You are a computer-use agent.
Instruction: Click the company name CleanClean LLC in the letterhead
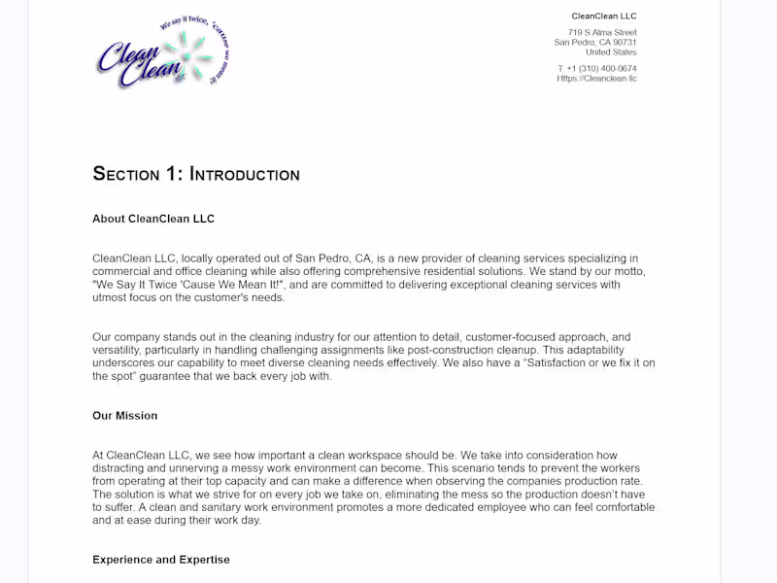coord(603,16)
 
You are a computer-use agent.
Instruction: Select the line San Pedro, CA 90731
coord(595,43)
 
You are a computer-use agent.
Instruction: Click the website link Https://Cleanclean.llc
coord(596,79)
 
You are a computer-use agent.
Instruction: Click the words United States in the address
coord(611,52)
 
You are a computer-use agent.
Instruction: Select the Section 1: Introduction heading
coord(196,175)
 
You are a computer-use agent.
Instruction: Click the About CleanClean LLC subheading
coord(153,219)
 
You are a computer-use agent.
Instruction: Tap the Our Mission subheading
coord(124,416)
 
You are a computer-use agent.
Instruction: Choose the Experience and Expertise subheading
coord(160,560)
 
